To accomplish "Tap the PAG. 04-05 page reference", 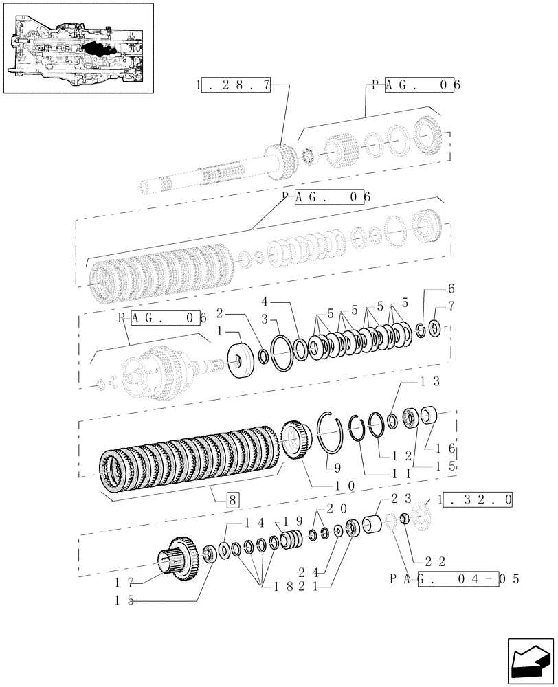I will click(454, 578).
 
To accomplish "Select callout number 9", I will click(336, 469).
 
